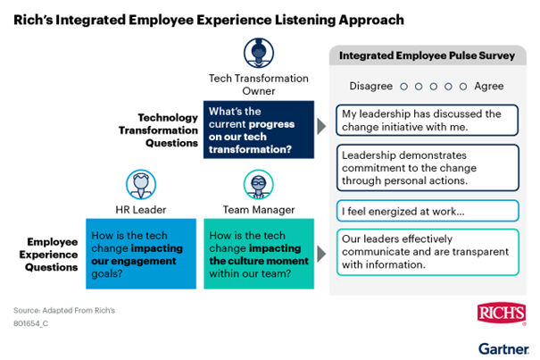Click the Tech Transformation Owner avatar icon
pos(259,53)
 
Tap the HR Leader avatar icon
pos(141,184)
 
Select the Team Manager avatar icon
pos(259,184)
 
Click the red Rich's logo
pos(502,314)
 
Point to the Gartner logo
pos(503,348)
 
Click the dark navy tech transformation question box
pos(259,130)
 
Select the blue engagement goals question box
pos(141,254)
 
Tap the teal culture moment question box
pos(259,254)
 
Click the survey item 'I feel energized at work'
pos(428,211)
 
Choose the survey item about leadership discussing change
pos(428,120)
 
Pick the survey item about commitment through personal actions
pos(428,168)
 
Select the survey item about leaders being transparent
pos(428,252)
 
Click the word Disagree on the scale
pos(371,86)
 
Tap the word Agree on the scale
pos(489,86)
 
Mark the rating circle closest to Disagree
pos(403,87)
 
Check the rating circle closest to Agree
pos(463,87)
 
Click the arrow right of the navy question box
pos(321,126)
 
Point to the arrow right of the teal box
pos(321,254)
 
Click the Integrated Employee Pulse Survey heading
pos(427,55)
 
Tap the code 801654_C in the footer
pos(30,323)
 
